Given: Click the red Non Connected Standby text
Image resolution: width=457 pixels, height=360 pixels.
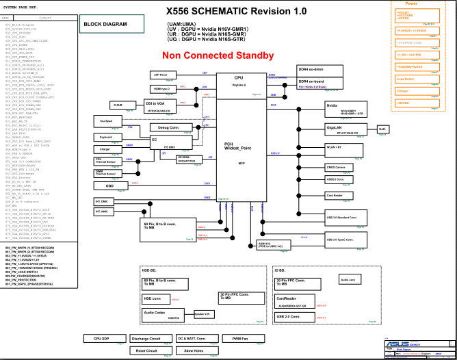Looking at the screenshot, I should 218,55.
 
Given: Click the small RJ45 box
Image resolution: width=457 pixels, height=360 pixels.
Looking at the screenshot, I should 383,129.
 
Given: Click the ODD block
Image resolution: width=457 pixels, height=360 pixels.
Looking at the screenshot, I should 109,185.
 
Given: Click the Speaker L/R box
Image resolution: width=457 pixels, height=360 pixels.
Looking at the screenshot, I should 203,314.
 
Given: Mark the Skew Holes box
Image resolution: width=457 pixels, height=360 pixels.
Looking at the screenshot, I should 194,350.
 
